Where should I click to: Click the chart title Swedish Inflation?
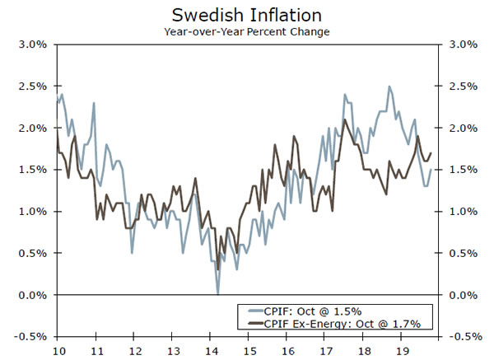coord(247,16)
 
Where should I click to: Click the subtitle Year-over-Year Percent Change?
coord(247,32)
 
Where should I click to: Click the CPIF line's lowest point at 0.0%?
coord(218,294)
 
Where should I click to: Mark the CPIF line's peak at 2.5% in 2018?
coord(389,86)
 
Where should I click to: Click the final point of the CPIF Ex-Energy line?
coord(431,153)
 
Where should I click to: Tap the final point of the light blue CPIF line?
coord(431,170)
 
